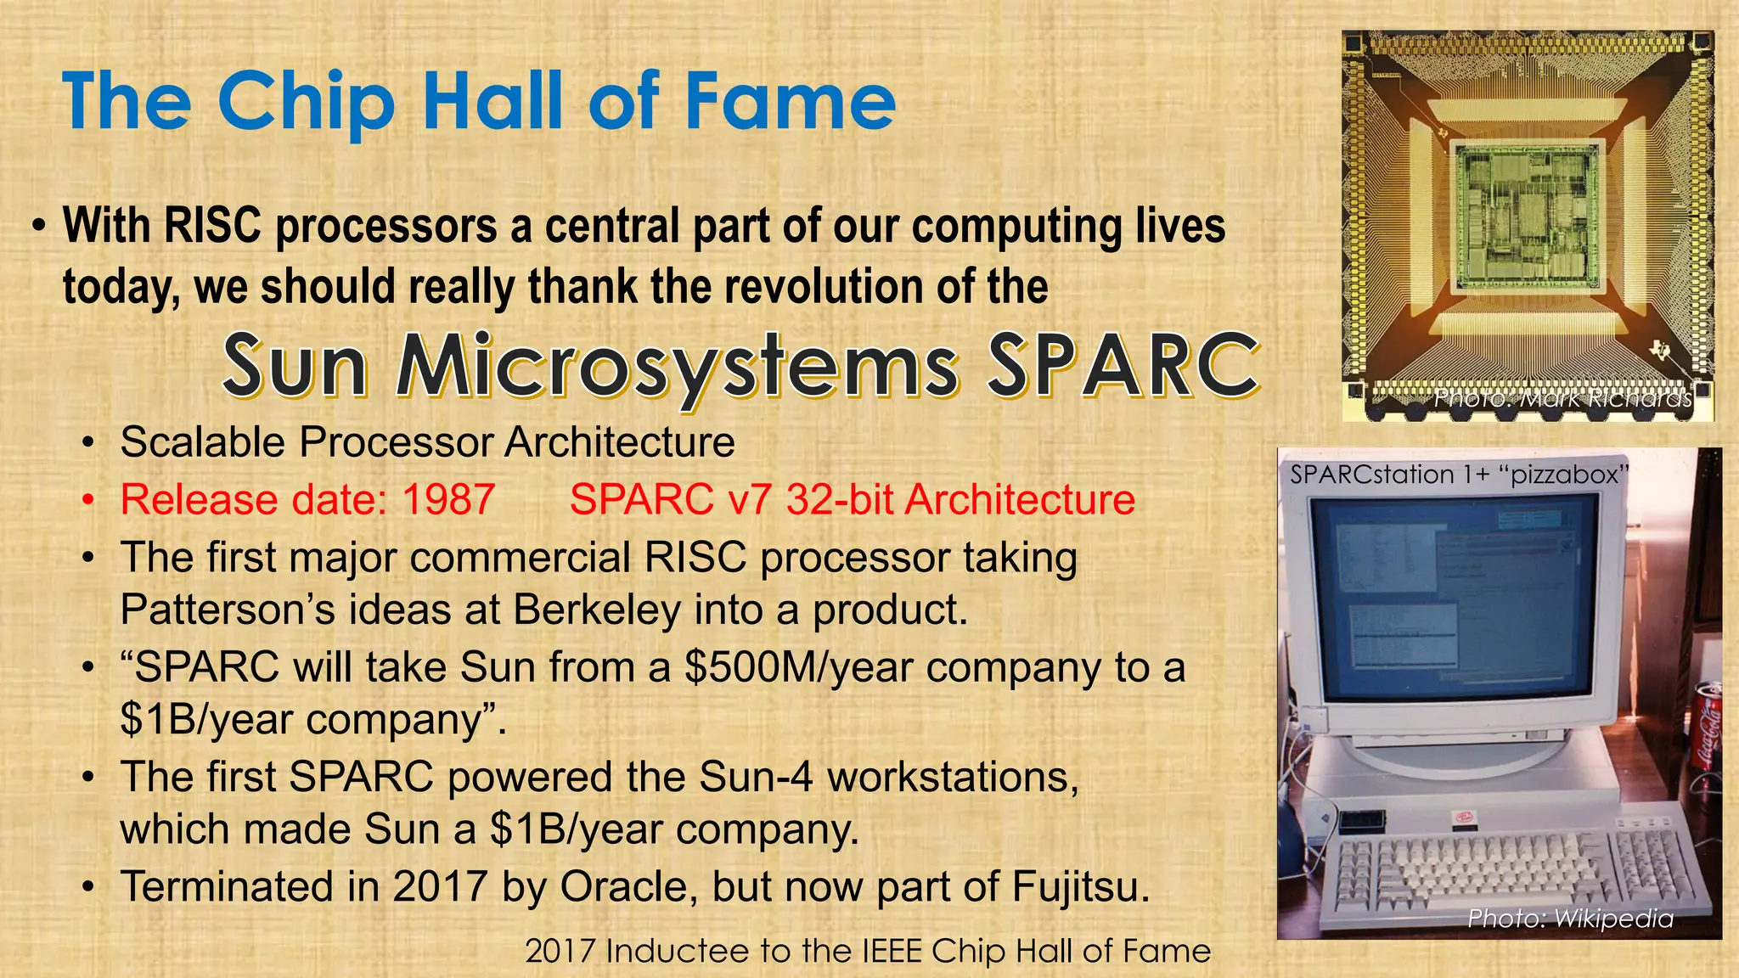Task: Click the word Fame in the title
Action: point(790,102)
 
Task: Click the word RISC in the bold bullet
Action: point(212,227)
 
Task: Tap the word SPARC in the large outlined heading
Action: point(1123,366)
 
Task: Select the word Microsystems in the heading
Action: point(678,366)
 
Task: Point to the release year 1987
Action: point(448,499)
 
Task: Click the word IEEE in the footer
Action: point(892,952)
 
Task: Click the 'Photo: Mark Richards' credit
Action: point(1562,398)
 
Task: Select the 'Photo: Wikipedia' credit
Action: point(1570,918)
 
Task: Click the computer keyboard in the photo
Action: point(1520,866)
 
